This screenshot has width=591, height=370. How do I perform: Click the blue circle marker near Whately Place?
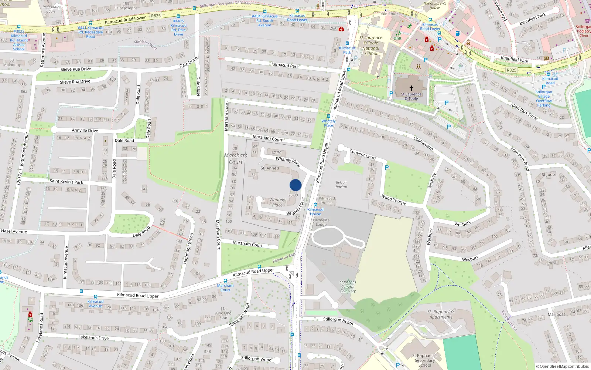295,185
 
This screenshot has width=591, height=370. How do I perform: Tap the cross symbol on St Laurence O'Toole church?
411,88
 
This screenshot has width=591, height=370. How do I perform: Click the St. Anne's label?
270,168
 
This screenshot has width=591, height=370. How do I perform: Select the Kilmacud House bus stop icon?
315,205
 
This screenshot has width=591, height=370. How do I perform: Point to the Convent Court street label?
363,154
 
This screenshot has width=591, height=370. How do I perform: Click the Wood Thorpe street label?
394,200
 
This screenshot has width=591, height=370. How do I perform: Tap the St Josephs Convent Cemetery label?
348,286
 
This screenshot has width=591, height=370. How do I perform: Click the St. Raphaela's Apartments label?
441,314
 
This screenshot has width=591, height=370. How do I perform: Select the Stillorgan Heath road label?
338,321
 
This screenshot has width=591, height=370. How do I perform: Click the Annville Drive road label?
85,130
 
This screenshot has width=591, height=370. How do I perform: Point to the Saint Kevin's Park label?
66,181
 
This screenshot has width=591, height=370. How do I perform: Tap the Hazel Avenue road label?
14,231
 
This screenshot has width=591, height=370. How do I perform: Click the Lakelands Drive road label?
93,337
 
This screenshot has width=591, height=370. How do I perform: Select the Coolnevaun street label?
423,144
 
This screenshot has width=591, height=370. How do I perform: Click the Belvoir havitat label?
341,184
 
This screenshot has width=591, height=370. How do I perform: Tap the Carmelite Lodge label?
321,222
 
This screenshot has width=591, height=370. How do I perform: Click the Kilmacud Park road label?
285,65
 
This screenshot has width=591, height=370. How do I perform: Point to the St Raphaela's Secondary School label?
425,360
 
